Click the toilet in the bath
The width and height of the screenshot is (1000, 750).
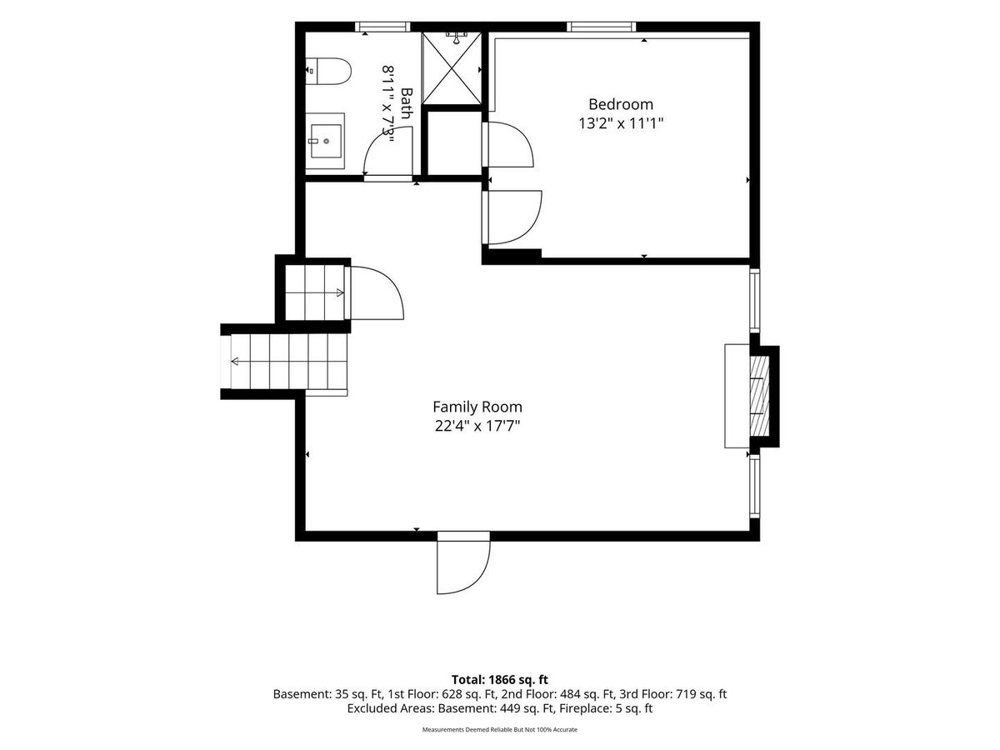[x=328, y=71]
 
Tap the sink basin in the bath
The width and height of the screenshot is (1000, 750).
[x=326, y=141]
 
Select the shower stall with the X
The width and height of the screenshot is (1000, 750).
[x=452, y=68]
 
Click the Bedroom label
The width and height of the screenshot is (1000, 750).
[x=621, y=104]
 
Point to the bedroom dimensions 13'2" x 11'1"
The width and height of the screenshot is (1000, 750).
[x=621, y=123]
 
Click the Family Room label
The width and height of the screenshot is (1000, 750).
[x=477, y=407]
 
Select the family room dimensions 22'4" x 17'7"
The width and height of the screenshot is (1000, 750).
[x=477, y=426]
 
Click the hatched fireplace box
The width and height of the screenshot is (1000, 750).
[x=759, y=397]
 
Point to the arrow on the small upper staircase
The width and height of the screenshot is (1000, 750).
[x=314, y=292]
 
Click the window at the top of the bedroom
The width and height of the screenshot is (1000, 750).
[x=602, y=27]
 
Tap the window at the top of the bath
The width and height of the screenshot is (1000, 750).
[x=382, y=27]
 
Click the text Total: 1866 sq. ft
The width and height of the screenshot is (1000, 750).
[x=500, y=680]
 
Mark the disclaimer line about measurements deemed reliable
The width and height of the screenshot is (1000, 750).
[x=500, y=729]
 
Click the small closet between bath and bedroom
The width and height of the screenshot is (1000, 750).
[x=455, y=143]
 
